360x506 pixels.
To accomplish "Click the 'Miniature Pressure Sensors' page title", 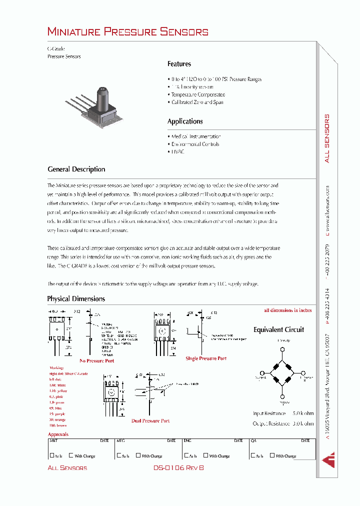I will (127, 32).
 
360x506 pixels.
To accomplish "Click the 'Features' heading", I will (179, 64).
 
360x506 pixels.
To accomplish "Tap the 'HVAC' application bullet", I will (177, 151).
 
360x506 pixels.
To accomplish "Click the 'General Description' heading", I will (76, 169).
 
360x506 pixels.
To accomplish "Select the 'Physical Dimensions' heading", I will (76, 299).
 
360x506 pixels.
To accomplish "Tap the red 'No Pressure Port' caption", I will (96, 360).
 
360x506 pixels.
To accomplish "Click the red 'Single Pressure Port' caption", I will (206, 358).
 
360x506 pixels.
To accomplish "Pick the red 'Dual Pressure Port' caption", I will (150, 421).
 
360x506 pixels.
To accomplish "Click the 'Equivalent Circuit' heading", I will (278, 330).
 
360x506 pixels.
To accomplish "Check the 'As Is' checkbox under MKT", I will (52, 455).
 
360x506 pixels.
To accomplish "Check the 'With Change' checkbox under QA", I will (272, 455).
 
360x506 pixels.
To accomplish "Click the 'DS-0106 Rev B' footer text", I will (178, 467).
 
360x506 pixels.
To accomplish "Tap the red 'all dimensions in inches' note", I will (287, 310).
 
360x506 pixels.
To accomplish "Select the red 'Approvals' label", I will (58, 434).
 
